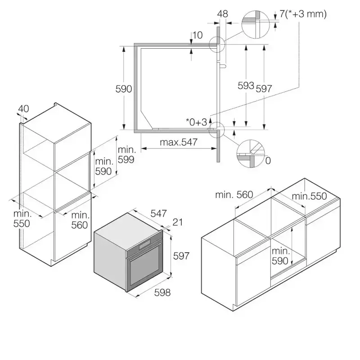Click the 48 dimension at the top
pos(222,14)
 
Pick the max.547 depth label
pos(180,142)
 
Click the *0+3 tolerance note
pos(197,122)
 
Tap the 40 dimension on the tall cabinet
pos(24,108)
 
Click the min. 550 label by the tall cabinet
pos(22,218)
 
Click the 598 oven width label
pos(162,292)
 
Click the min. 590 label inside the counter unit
pos(280,256)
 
